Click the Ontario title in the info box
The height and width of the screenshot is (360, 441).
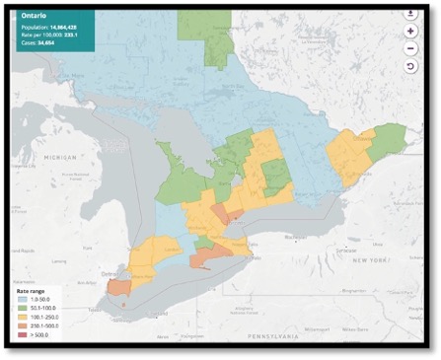pyautogui.click(x=31, y=18)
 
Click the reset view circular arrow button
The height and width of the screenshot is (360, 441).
pyautogui.click(x=409, y=65)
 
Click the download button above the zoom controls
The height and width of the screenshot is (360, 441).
pyautogui.click(x=409, y=14)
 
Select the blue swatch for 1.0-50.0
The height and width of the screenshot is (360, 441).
pyautogui.click(x=21, y=303)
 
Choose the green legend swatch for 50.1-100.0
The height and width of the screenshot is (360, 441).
pyautogui.click(x=21, y=311)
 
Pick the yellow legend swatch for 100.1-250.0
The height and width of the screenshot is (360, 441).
pyautogui.click(x=21, y=319)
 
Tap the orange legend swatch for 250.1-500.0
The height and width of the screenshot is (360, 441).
pyautogui.click(x=21, y=326)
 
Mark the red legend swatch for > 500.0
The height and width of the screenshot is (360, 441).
pyautogui.click(x=21, y=334)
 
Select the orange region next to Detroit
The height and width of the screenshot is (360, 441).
pyautogui.click(x=118, y=287)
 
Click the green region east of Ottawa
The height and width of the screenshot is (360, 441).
pyautogui.click(x=392, y=135)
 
